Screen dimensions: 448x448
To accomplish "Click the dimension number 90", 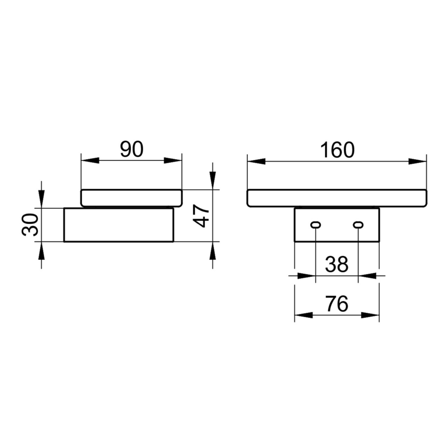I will pyautogui.click(x=132, y=150).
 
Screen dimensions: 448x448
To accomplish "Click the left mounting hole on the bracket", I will pyautogui.click(x=316, y=225).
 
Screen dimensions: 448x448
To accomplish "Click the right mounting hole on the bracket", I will pyautogui.click(x=358, y=225).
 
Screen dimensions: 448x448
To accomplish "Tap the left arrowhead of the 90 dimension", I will pyautogui.click(x=89, y=161).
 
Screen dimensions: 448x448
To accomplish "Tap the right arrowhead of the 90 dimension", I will pyautogui.click(x=174, y=161).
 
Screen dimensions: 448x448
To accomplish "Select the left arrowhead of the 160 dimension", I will pyautogui.click(x=256, y=161).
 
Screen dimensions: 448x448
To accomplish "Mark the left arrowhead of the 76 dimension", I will pyautogui.click(x=303, y=315).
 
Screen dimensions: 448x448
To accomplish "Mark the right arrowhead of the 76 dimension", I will pyautogui.click(x=371, y=315).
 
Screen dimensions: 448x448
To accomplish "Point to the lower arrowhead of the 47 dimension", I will pyautogui.click(x=212, y=251).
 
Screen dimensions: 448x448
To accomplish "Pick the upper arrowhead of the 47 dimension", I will pyautogui.click(x=212, y=181).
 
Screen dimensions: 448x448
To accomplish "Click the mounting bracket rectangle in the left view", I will pyautogui.click(x=119, y=225).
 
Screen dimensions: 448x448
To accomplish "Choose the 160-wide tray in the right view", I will pyautogui.click(x=337, y=198).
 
